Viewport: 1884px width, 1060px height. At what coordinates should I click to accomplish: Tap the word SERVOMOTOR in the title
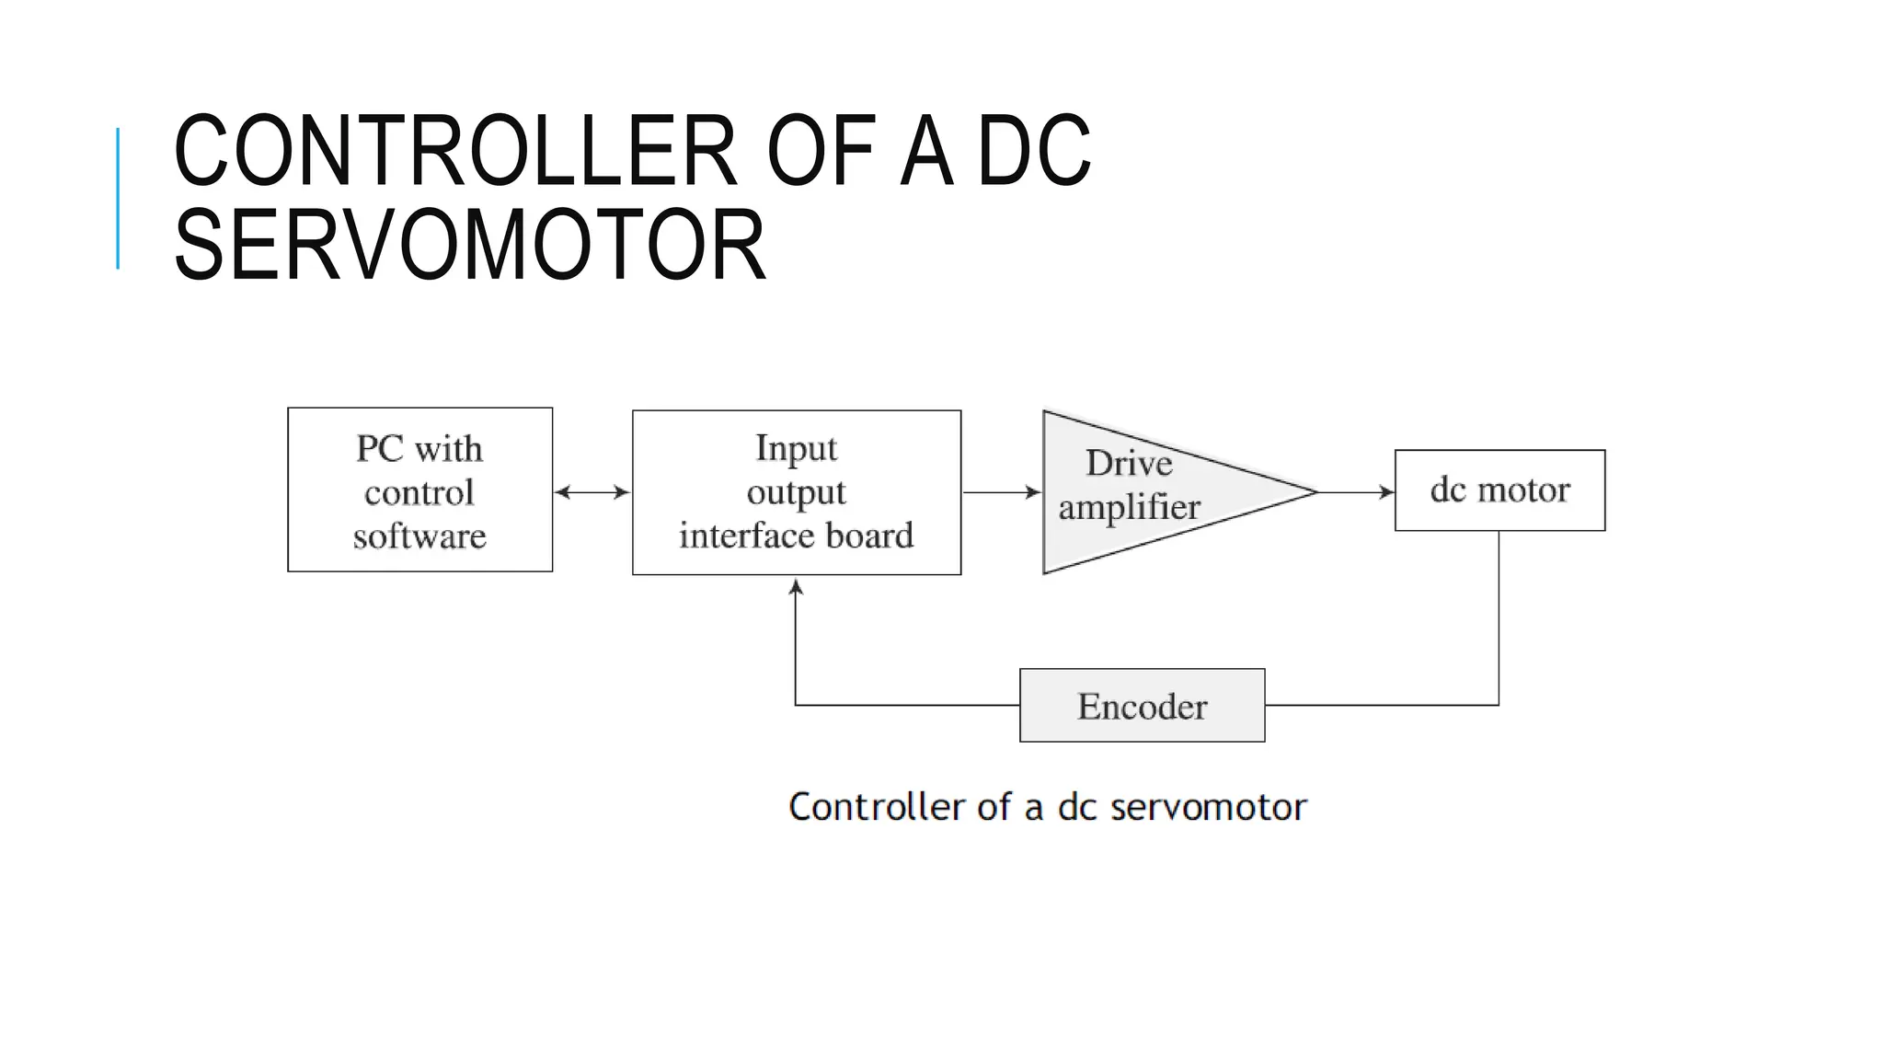469,245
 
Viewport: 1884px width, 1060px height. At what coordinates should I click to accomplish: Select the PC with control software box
419,490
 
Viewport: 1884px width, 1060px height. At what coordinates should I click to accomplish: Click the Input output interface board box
797,492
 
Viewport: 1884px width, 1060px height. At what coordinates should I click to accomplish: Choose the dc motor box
1499,490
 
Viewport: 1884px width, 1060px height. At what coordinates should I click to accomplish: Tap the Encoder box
1142,706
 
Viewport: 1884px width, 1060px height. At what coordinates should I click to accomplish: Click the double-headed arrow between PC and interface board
592,492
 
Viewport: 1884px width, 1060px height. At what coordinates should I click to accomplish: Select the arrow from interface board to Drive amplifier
1001,492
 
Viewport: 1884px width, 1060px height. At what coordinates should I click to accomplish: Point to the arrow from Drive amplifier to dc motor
1356,492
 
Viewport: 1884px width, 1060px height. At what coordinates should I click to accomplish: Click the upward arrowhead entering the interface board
797,586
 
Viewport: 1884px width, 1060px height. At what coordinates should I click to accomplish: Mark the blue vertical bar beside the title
118,198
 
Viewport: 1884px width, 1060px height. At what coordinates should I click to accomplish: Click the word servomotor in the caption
1208,807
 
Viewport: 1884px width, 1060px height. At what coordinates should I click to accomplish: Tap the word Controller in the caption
877,807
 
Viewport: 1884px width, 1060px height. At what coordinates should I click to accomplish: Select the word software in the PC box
419,536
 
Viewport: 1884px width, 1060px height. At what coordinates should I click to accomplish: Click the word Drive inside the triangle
1129,463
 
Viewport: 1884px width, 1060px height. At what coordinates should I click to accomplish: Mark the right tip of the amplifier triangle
1315,492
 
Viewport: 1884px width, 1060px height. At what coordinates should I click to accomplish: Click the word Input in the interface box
797,448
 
